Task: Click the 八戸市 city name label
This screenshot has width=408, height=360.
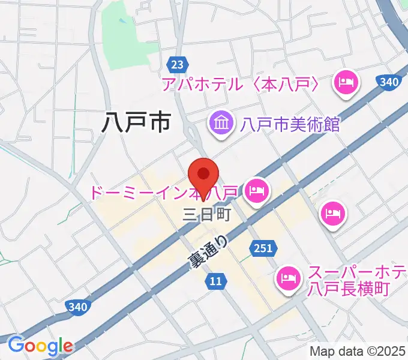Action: (136, 122)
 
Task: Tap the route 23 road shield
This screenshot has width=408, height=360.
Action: (176, 64)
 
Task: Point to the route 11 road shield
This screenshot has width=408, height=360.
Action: (217, 280)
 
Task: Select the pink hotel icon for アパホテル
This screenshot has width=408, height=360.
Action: (346, 83)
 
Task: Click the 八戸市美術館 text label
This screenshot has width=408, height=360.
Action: (290, 124)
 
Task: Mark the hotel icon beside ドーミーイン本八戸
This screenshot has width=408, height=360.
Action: (257, 192)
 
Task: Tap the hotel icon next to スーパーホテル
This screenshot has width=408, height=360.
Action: (289, 277)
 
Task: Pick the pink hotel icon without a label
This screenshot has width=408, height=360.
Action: (332, 214)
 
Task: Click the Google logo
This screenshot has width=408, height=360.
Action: (40, 346)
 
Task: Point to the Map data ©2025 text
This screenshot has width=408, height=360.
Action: (357, 351)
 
